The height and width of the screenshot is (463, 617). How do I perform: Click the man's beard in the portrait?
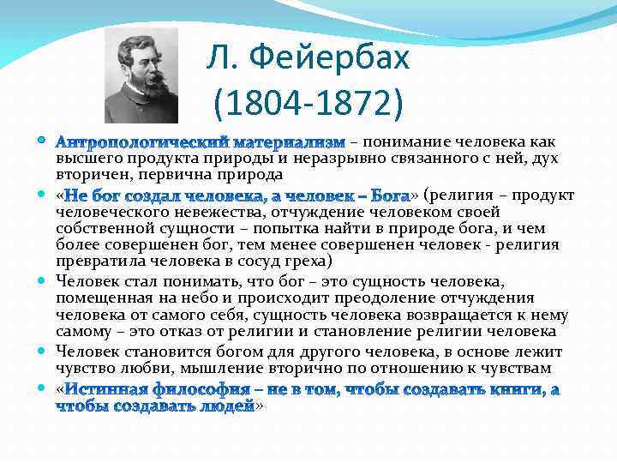tap(144, 89)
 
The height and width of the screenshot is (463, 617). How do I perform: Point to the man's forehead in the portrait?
tap(137, 50)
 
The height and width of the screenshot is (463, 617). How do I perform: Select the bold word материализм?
tap(289, 141)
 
